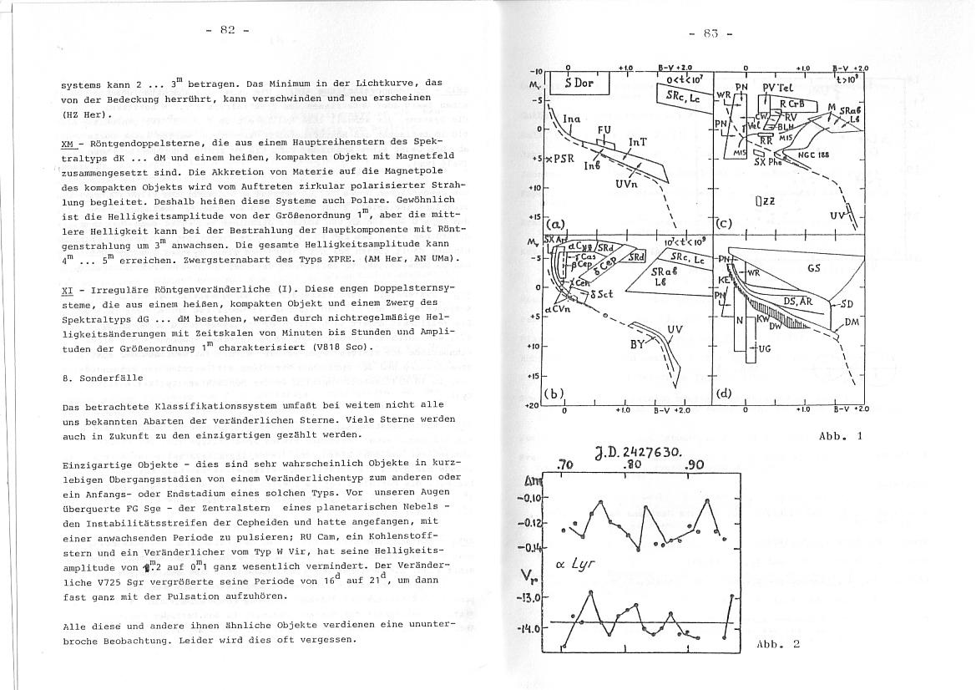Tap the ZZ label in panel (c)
pos(761,201)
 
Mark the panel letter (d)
pos(725,393)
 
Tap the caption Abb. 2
pos(778,644)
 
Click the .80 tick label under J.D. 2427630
pos(632,466)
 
